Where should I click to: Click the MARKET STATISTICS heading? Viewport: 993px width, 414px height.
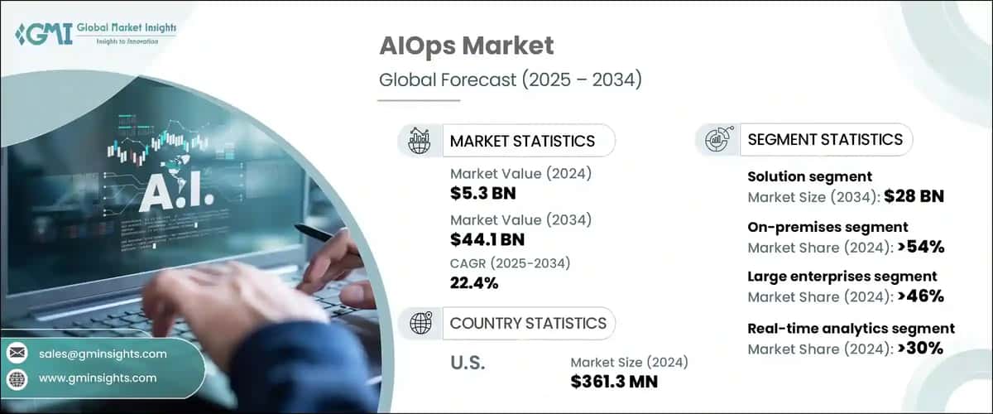click(x=522, y=141)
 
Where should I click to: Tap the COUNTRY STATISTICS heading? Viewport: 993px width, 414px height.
click(x=528, y=323)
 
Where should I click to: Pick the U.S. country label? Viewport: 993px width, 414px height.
click(x=468, y=363)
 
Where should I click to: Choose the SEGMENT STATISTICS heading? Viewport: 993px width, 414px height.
click(x=825, y=139)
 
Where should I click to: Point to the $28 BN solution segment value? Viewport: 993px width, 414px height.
click(x=914, y=197)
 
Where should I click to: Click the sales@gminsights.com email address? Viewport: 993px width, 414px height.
click(x=103, y=354)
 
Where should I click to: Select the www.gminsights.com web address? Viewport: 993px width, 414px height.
click(x=98, y=378)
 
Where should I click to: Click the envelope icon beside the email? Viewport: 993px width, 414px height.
click(x=17, y=354)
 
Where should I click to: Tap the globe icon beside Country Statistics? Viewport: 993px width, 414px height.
click(x=420, y=323)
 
